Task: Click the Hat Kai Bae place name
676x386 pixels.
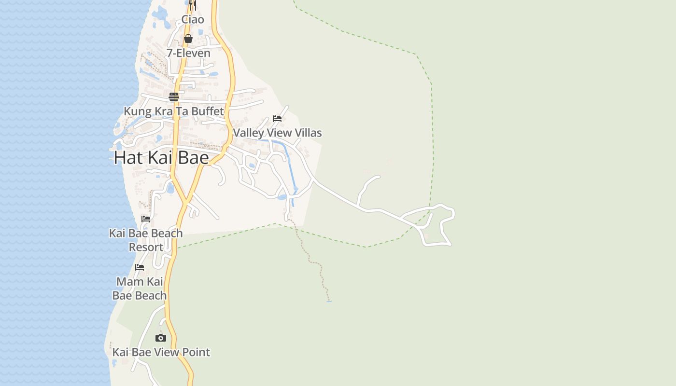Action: [x=161, y=158]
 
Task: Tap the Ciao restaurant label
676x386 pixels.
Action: [x=193, y=20]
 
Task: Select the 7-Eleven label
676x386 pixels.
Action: [x=188, y=53]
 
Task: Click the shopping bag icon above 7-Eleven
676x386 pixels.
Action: [x=188, y=39]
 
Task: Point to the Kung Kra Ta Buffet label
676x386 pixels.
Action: [x=174, y=111]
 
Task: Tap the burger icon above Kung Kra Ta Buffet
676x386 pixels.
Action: [x=174, y=97]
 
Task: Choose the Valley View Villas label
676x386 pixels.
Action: [x=277, y=133]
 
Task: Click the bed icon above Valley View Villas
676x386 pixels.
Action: [x=277, y=118]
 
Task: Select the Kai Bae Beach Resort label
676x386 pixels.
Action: [x=146, y=240]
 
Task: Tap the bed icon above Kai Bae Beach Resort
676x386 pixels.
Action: [x=146, y=219]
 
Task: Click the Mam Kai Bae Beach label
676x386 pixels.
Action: [x=140, y=288]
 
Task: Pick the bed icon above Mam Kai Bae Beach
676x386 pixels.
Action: [x=140, y=267]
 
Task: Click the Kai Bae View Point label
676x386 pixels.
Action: [x=161, y=352]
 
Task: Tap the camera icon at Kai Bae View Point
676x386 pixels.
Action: [x=161, y=338]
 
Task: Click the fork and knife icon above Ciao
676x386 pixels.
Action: [x=192, y=5]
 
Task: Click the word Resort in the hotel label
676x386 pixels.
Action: [x=146, y=247]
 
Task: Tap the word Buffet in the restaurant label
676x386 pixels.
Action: [x=208, y=111]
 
